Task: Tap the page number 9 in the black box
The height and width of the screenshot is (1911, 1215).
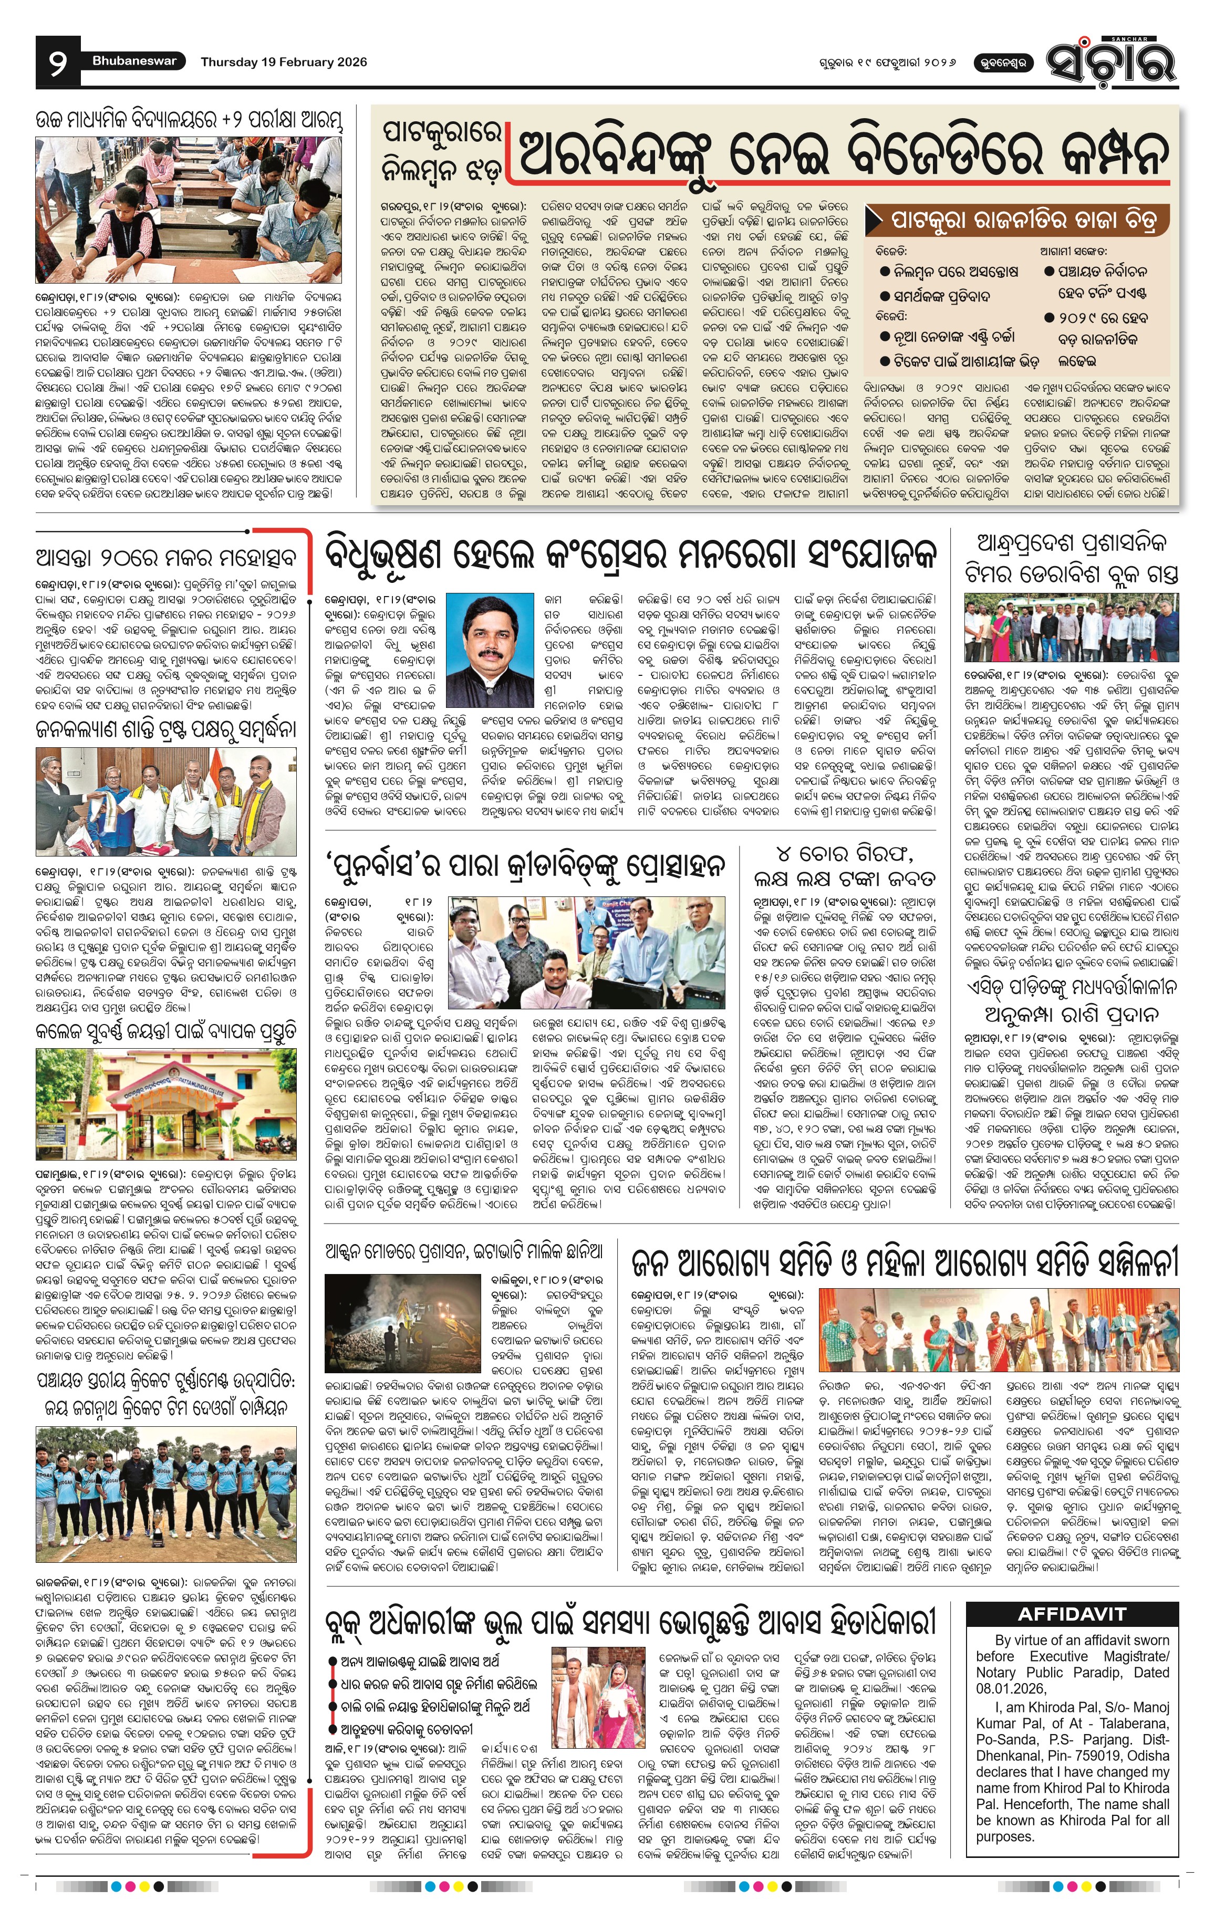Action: pyautogui.click(x=57, y=62)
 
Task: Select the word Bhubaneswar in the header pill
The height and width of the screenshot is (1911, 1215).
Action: pyautogui.click(x=134, y=61)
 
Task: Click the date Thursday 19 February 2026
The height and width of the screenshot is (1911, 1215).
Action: pyautogui.click(x=283, y=62)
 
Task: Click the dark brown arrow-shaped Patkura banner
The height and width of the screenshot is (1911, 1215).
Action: pyautogui.click(x=1019, y=218)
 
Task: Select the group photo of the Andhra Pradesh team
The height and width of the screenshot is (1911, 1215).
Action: pyautogui.click(x=1072, y=629)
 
